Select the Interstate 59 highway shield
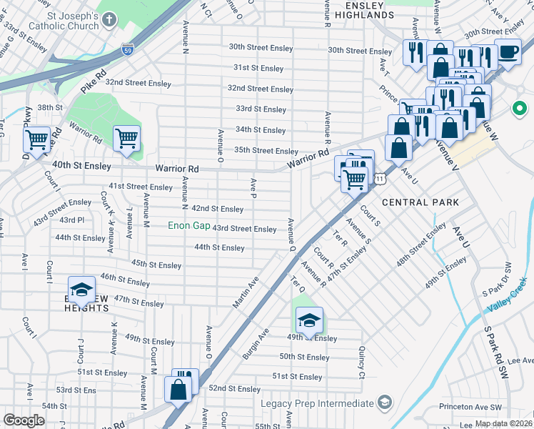click(x=127, y=51)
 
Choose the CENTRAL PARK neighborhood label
click(x=420, y=202)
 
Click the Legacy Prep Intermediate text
click(x=317, y=404)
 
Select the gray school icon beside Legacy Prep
click(x=385, y=403)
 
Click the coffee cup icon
click(x=508, y=51)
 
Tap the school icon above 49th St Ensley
click(x=308, y=320)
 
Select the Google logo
click(x=24, y=420)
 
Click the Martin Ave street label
click(x=244, y=293)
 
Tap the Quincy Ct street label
click(x=362, y=364)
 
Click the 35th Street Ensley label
click(x=266, y=151)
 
